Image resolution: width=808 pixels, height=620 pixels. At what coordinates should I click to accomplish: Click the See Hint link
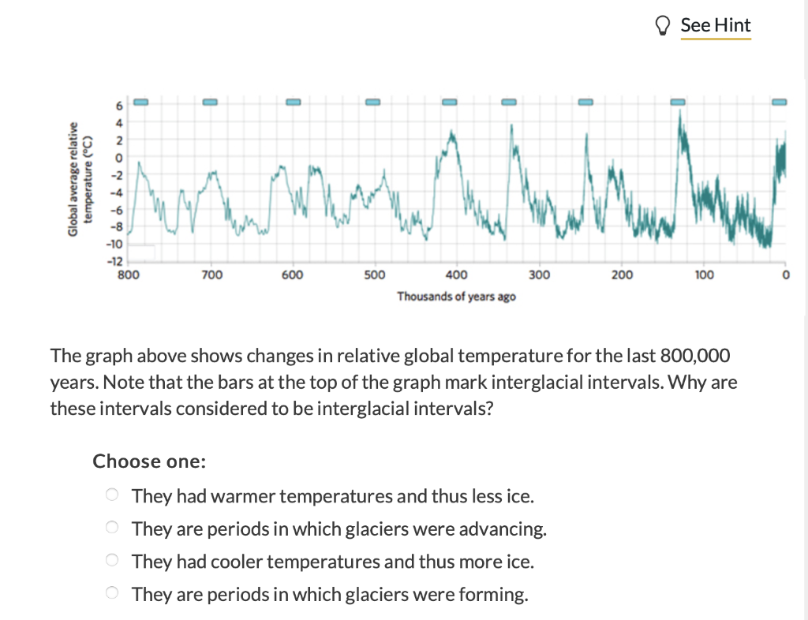point(715,25)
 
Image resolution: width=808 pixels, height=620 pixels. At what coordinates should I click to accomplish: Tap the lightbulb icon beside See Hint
point(664,26)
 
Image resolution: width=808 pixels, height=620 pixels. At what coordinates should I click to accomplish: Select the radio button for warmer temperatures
point(113,495)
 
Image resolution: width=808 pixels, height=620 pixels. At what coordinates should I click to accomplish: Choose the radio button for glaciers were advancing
point(113,528)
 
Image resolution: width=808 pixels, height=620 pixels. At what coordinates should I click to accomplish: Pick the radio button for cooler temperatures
point(113,561)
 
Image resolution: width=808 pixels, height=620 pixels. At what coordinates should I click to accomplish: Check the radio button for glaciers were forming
point(113,593)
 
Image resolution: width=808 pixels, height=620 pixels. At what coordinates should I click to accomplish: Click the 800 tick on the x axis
point(129,275)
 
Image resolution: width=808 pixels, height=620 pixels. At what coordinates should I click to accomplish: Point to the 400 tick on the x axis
point(456,275)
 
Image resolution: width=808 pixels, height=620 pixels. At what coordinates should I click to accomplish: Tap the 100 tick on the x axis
point(704,275)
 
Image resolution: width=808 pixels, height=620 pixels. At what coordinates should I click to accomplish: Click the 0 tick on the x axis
point(785,275)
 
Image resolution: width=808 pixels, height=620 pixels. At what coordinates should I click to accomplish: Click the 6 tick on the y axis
point(120,106)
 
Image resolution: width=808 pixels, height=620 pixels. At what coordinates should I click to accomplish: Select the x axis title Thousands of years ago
point(457,297)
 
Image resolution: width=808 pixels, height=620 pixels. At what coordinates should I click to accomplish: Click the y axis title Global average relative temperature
point(81,179)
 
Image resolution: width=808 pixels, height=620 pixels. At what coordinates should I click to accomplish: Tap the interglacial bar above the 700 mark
point(210,102)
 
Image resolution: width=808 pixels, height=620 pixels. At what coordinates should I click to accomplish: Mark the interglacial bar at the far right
point(780,102)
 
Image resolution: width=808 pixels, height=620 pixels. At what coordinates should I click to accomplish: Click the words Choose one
point(149,461)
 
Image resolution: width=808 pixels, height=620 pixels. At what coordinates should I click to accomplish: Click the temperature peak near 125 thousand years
point(680,114)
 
